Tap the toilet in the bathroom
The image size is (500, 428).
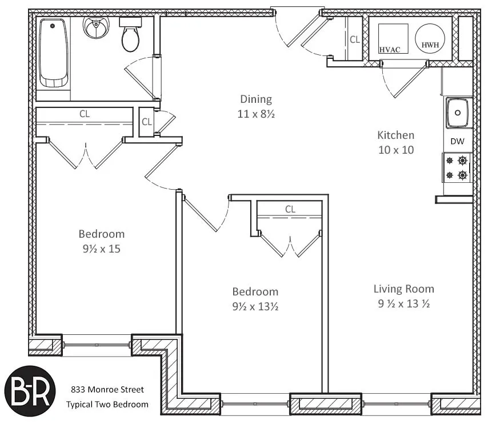tap(131, 35)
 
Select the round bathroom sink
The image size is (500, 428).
tap(95, 26)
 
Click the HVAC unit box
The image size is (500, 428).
tap(393, 39)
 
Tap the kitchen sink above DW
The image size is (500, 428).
tap(457, 112)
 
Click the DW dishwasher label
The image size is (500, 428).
tap(457, 142)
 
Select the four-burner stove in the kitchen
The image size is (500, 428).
tap(457, 168)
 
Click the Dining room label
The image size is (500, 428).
tap(255, 99)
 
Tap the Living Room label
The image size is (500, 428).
tap(403, 289)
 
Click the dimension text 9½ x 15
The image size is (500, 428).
tap(101, 249)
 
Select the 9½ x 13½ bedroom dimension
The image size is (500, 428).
tap(255, 307)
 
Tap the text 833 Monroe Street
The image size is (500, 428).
tap(107, 390)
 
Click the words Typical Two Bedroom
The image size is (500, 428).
tap(107, 405)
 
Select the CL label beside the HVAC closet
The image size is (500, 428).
tap(355, 39)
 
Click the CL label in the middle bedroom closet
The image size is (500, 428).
tap(290, 209)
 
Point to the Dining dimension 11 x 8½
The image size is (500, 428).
tap(255, 114)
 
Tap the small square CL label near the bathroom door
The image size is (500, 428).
tap(147, 122)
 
